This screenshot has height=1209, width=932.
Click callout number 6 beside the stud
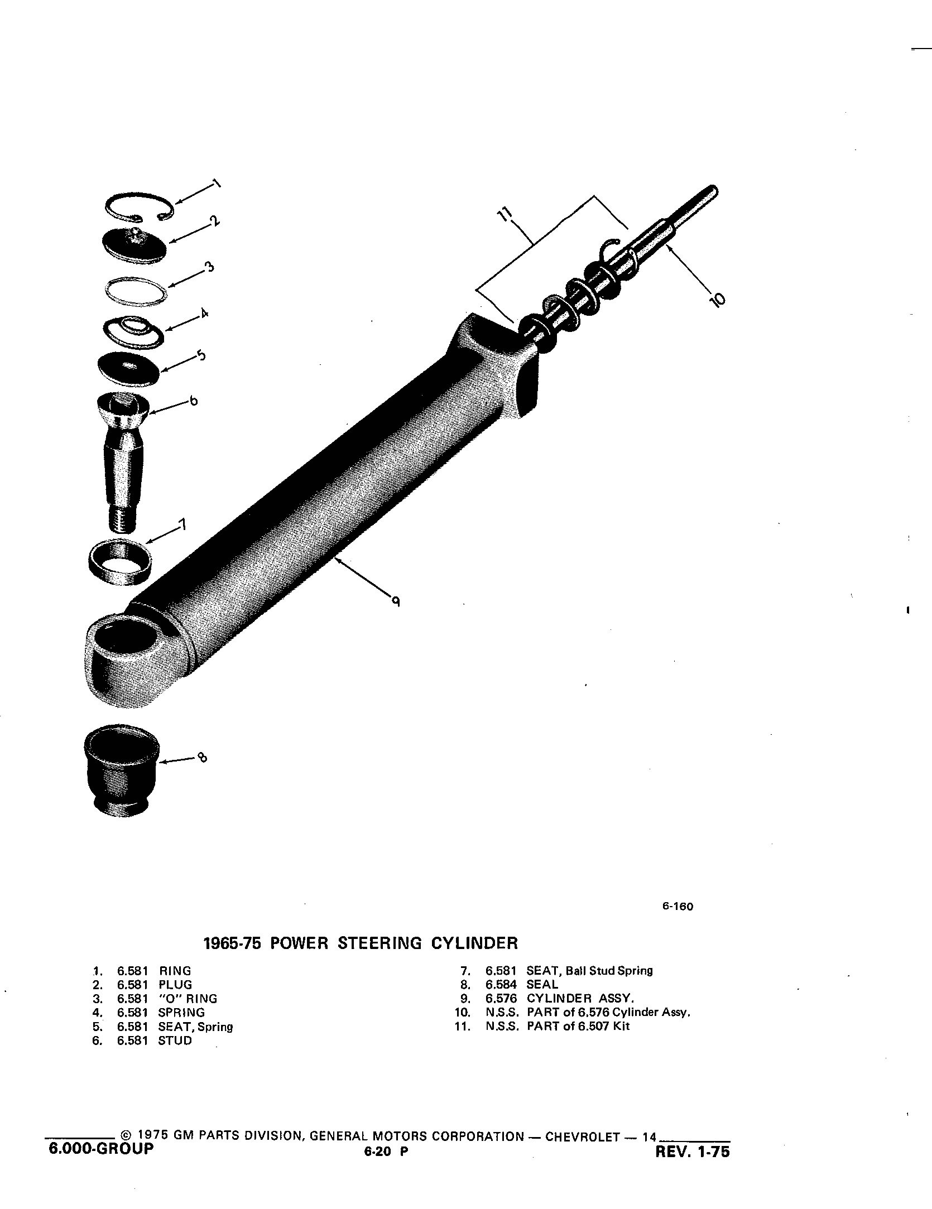(x=193, y=401)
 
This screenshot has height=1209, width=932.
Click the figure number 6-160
(x=678, y=907)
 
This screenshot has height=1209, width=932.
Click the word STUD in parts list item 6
(x=175, y=1041)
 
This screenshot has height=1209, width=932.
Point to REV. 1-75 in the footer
(x=693, y=1152)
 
